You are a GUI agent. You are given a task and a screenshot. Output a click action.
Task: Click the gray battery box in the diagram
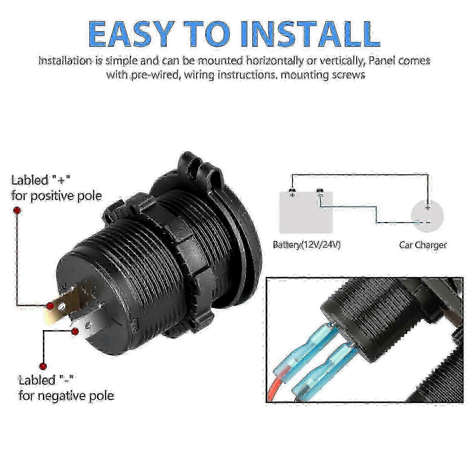click(x=306, y=213)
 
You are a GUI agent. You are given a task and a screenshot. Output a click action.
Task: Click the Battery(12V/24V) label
click(x=306, y=245)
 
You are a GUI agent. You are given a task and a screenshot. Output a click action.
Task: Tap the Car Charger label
click(x=423, y=245)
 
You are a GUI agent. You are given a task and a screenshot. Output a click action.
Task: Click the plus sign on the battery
click(x=292, y=195)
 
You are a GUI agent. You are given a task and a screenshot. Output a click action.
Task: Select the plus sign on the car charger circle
click(x=428, y=208)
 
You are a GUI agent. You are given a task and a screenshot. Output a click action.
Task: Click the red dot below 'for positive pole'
click(x=17, y=210)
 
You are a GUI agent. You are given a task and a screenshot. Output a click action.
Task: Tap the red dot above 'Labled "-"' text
click(x=43, y=366)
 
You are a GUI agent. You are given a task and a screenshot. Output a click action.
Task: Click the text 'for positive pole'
click(x=57, y=196)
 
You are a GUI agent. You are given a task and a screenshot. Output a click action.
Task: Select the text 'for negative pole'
click(x=66, y=395)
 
